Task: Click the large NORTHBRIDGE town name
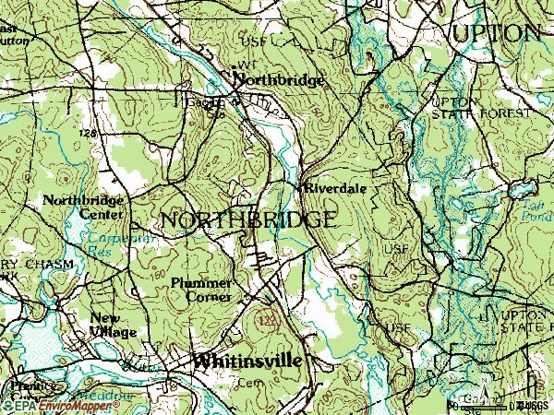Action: tap(247, 220)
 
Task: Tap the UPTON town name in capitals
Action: tap(496, 32)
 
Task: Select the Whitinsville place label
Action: tap(247, 362)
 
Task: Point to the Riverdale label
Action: tap(336, 186)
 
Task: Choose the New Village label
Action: tap(113, 325)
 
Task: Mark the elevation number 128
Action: tap(89, 134)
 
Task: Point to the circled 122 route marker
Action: tap(269, 318)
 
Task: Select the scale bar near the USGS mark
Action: tap(485, 405)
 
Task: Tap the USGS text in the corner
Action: tap(536, 405)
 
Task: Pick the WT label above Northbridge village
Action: tap(245, 65)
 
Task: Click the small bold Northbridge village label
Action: tap(280, 80)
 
